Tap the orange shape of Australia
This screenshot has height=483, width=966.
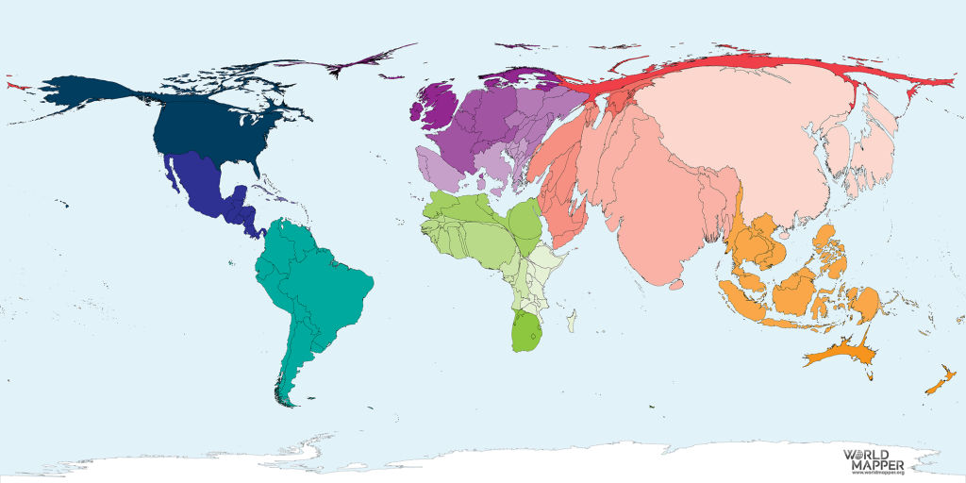click(x=839, y=356)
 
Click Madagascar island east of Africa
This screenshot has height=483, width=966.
click(x=573, y=323)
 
